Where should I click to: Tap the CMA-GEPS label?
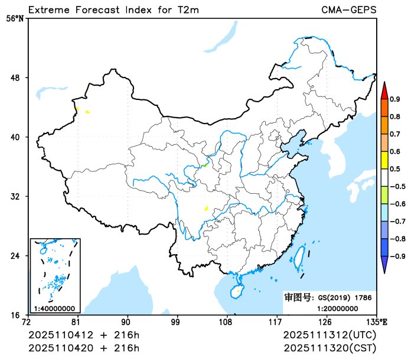coord(348,10)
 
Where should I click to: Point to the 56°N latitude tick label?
coord(14,19)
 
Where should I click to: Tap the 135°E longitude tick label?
coord(376,322)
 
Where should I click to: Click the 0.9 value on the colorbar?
coord(395,99)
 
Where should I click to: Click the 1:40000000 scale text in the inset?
coord(54,309)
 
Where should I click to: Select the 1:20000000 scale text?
coord(339,308)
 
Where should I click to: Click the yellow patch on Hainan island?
coord(238,290)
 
